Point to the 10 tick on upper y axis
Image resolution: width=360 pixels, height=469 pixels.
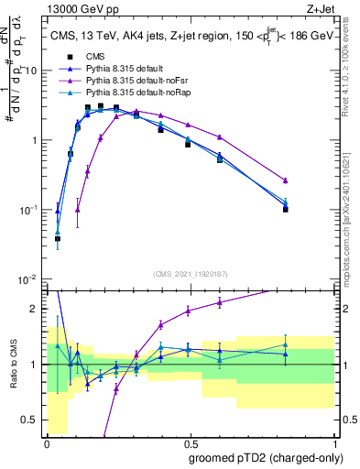click(x=33, y=71)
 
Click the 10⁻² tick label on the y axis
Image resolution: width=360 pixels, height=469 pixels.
click(x=29, y=279)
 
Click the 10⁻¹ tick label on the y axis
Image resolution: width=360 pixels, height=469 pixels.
click(x=29, y=210)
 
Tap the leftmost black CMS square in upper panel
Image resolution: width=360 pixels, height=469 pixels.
click(x=58, y=238)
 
